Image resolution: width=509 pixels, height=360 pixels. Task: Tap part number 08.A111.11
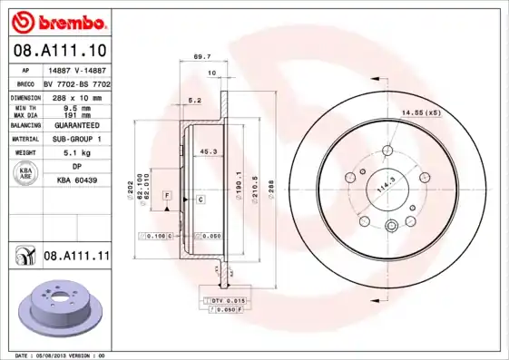(76, 258)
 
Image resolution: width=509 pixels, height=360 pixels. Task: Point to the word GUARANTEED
(76, 124)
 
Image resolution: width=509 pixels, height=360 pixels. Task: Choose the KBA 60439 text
(76, 180)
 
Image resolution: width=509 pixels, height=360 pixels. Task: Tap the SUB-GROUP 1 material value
(76, 139)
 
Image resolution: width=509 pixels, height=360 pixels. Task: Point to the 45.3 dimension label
(207, 152)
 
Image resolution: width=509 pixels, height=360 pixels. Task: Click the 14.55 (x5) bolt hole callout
(420, 112)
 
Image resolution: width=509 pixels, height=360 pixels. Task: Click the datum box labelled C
(199, 199)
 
